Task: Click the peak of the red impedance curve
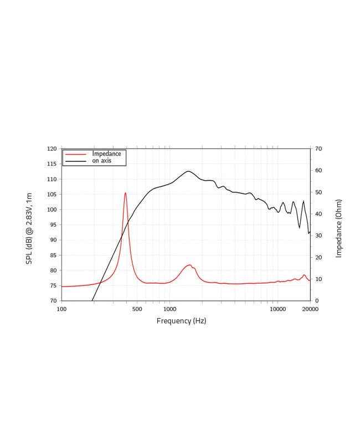[x=126, y=193]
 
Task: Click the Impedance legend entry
[x=106, y=154]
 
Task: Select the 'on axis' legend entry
[x=102, y=161]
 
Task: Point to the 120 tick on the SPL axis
[x=52, y=149]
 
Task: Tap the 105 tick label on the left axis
[x=52, y=195]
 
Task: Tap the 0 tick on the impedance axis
[x=316, y=301]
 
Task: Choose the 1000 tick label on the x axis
[x=169, y=309]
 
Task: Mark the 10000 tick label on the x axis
[x=277, y=309]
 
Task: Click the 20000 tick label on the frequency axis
[x=310, y=309]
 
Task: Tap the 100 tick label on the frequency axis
[x=61, y=309]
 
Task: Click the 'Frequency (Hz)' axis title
[x=181, y=321]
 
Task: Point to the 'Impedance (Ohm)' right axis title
[x=339, y=228]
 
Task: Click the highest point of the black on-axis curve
[x=188, y=171]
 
